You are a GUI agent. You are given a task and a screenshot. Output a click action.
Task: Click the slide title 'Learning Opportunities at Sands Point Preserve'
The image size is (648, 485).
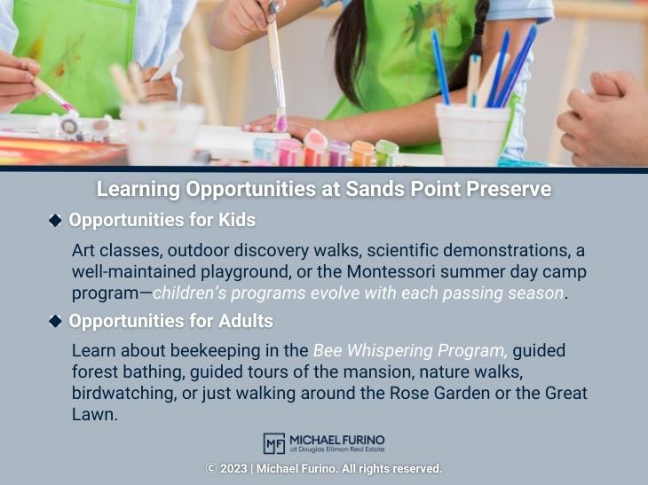click(324, 190)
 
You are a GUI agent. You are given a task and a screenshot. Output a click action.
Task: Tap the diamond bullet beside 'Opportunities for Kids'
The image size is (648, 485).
click(55, 220)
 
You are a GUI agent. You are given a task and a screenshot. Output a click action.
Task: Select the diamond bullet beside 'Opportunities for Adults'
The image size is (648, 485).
click(55, 320)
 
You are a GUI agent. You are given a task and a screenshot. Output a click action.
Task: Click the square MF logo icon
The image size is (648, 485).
click(273, 443)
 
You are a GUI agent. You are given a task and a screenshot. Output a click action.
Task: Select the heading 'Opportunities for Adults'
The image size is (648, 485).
click(170, 320)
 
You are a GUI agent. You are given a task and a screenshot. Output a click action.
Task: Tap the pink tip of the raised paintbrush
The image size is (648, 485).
click(281, 121)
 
